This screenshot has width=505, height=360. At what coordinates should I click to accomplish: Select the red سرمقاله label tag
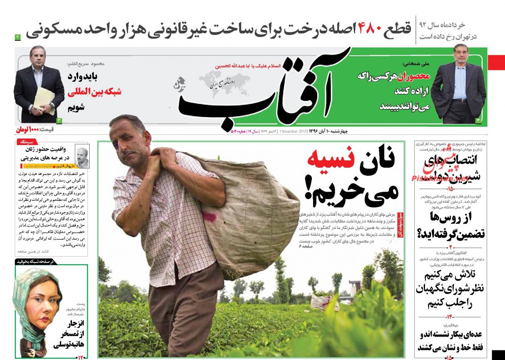(x=27, y=142)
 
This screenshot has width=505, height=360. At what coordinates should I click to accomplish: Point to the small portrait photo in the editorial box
(x=82, y=158)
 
